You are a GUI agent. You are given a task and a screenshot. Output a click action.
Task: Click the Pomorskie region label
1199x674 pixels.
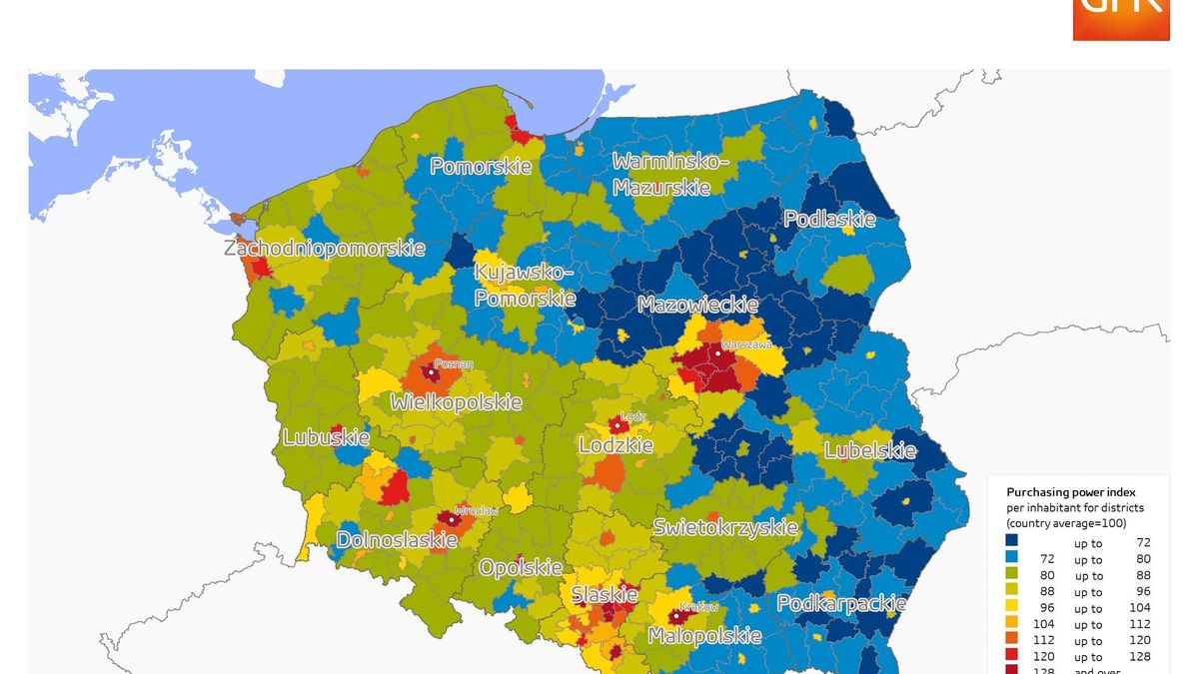[x=481, y=167]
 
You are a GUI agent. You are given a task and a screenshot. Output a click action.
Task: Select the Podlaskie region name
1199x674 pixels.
[x=828, y=219]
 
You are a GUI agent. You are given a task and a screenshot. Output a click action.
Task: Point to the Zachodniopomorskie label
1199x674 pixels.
[x=325, y=248]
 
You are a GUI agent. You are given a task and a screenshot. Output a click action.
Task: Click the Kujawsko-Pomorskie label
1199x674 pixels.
[x=525, y=285]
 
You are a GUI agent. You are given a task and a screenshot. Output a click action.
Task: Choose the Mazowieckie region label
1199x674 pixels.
[x=697, y=305]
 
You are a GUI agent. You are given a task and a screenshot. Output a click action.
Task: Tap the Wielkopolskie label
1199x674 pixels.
[x=456, y=402]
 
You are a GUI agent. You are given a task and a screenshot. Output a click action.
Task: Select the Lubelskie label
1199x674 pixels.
[x=869, y=450]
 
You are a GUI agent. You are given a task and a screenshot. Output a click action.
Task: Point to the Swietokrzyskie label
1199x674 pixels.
[x=725, y=527]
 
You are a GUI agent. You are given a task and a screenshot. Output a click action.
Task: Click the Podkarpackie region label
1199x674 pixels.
[x=841, y=603]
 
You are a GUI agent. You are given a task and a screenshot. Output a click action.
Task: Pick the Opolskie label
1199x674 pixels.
[x=520, y=567]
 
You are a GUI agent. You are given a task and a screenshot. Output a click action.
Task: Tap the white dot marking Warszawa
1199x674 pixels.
[x=717, y=353]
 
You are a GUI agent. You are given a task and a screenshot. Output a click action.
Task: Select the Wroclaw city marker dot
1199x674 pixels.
[x=451, y=519]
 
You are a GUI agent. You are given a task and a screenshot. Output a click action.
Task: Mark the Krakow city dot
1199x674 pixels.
[x=675, y=616]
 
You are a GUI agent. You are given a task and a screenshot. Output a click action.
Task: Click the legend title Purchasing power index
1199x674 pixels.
[x=1071, y=492]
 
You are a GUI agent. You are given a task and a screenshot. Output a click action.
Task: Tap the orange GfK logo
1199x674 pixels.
[x=1120, y=19]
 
